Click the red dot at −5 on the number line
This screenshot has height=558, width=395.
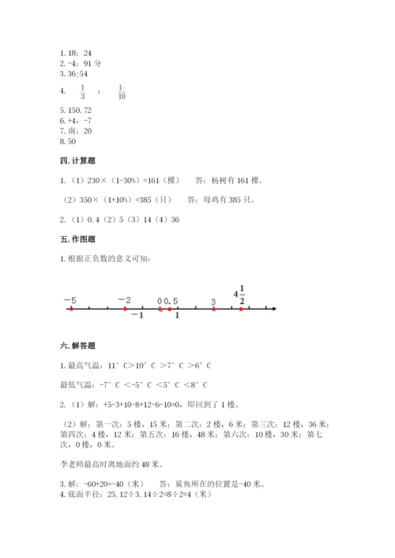coord(71,309)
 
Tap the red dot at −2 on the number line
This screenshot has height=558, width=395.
coord(126,309)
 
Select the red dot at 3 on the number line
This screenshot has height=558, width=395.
coord(213,309)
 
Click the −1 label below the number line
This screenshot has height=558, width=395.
coord(136,316)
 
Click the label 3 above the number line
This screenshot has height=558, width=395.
coord(213,301)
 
